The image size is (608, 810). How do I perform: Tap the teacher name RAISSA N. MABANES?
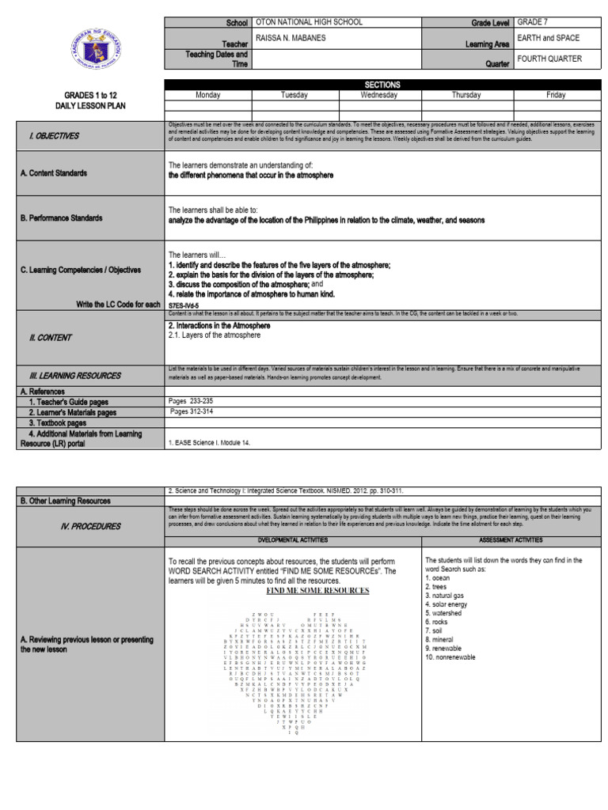(290, 38)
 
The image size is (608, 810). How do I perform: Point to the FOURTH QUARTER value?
(549, 59)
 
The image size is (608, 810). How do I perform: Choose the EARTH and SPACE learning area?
(548, 38)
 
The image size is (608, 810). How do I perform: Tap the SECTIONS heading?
(382, 85)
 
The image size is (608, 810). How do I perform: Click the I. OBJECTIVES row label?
(54, 136)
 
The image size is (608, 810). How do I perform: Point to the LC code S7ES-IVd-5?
(184, 305)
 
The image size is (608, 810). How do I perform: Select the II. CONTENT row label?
(50, 338)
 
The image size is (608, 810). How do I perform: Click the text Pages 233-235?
(191, 401)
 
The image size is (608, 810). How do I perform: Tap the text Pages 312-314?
(192, 411)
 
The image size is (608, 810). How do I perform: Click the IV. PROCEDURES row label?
(70, 526)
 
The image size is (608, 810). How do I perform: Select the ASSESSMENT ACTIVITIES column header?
(504, 539)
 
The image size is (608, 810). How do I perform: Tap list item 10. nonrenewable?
(457, 657)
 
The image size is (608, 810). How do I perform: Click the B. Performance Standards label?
(61, 218)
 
